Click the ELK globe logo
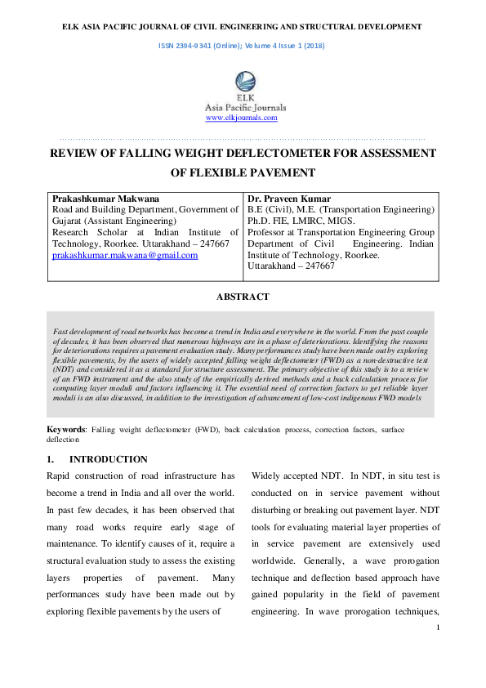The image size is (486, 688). tap(243, 83)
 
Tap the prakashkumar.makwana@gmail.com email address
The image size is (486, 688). tap(125, 256)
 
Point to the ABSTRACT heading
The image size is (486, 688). tap(242, 297)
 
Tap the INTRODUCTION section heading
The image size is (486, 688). tap(109, 459)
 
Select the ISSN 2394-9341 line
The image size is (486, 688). tap(242, 46)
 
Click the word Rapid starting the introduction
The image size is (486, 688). tap(62, 476)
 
